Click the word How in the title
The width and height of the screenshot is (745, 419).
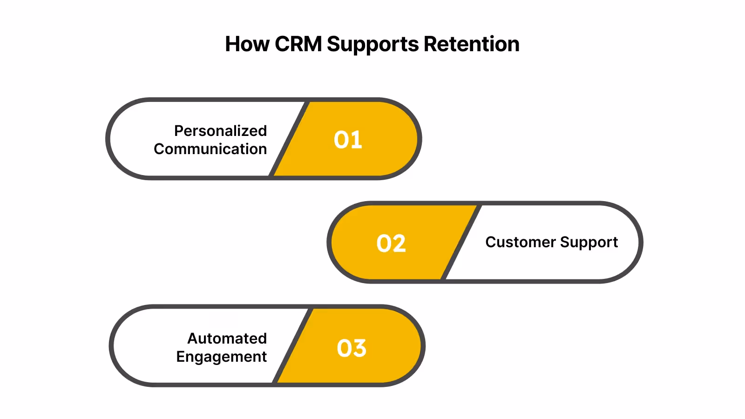tap(247, 45)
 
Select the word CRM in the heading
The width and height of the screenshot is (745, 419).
tap(298, 45)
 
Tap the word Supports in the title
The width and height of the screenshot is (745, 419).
tap(373, 45)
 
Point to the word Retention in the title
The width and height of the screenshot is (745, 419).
tap(471, 45)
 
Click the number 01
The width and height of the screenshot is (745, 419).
tap(348, 140)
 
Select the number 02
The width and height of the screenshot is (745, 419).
tap(391, 243)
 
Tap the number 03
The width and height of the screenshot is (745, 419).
tap(352, 348)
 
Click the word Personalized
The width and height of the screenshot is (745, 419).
tap(220, 131)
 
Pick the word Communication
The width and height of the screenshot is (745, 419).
tap(210, 149)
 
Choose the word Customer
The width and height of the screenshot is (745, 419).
tap(521, 242)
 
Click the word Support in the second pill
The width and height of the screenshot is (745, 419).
tap(589, 243)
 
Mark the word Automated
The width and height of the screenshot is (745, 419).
tap(227, 338)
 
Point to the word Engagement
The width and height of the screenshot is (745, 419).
tap(221, 357)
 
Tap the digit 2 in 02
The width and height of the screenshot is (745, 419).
tap(399, 243)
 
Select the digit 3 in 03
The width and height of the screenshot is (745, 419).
tap(359, 348)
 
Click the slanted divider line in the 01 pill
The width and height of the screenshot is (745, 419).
tap(290, 139)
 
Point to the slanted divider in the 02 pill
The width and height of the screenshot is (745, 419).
tap(461, 243)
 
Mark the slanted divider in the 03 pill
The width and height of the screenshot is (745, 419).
tap(293, 346)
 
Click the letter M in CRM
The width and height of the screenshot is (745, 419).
tap(312, 45)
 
